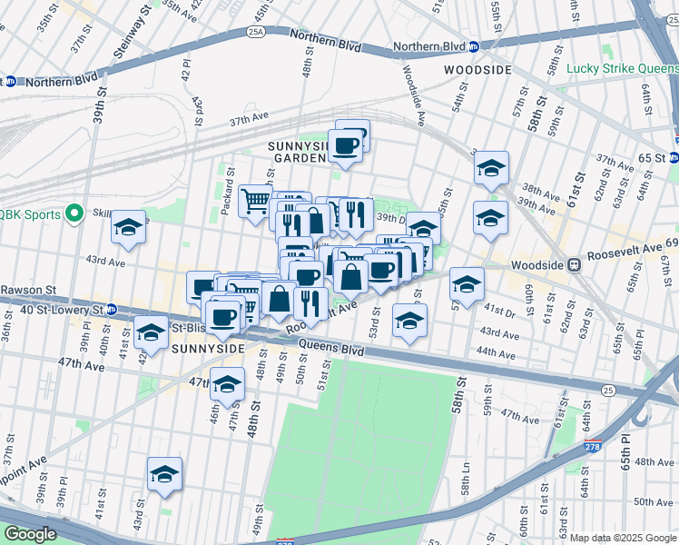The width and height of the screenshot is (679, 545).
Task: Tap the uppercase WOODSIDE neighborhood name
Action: (477, 69)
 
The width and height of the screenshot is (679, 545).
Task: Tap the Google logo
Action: (30, 534)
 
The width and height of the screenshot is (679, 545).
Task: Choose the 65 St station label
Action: (651, 157)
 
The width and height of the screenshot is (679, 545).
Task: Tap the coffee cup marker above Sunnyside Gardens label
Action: (346, 144)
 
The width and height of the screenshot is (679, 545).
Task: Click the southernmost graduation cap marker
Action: (164, 474)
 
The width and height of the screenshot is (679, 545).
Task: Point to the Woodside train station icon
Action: (575, 266)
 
